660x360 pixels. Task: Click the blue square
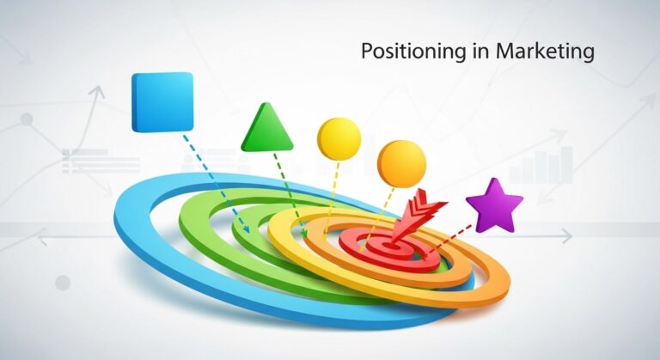162,101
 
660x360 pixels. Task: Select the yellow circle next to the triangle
339,137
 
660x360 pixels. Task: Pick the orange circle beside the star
401,163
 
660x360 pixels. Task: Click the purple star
494,206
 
